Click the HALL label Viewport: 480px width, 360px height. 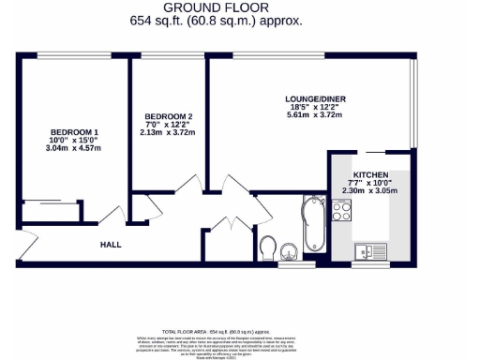(111, 244)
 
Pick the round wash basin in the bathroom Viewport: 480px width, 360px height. (289, 249)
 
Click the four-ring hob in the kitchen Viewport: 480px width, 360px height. (341, 211)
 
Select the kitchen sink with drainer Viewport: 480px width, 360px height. (370, 250)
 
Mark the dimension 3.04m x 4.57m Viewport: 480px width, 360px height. (72, 148)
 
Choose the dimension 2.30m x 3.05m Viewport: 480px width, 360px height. (372, 190)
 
